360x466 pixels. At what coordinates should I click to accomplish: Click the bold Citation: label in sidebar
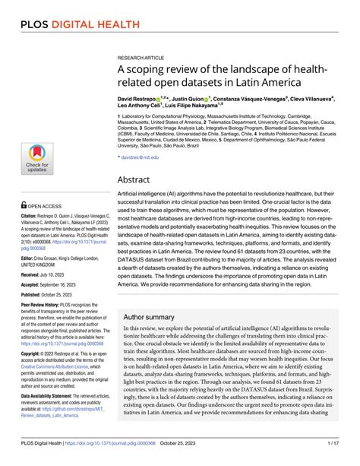(x=33, y=217)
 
